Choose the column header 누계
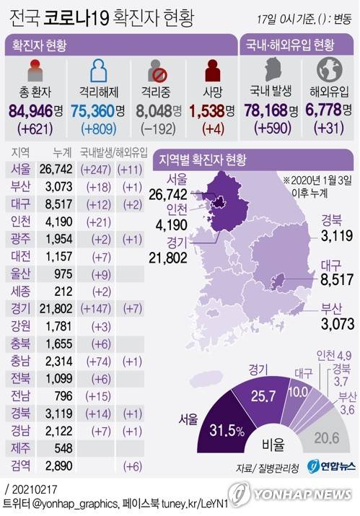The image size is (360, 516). [x=62, y=152]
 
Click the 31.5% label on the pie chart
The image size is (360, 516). [x=225, y=431]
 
